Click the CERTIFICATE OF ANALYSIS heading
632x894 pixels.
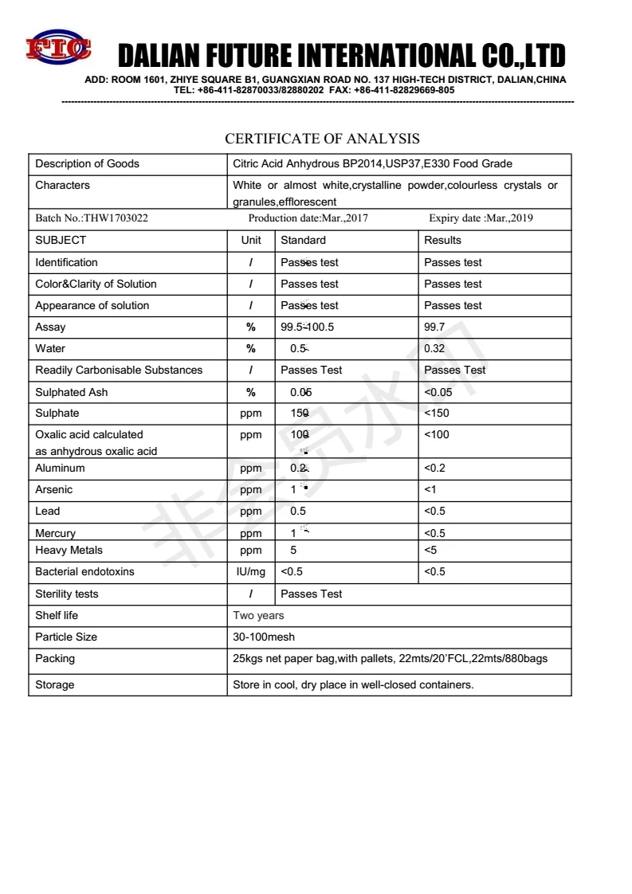coord(322,139)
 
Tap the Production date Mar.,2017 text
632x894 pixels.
coord(308,218)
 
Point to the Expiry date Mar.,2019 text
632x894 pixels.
coord(481,218)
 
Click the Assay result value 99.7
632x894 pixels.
coord(435,327)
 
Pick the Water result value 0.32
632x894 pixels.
coord(435,349)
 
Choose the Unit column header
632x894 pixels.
coord(251,240)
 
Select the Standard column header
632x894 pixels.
coord(303,240)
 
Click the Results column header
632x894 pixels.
coord(442,240)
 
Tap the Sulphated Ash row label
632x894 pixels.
coord(71,392)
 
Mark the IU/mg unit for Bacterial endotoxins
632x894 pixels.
coord(251,572)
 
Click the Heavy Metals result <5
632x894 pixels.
coord(431,551)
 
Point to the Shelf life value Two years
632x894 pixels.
coord(258,616)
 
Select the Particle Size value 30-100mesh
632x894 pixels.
coord(264,637)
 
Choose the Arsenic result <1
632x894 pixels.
coord(430,490)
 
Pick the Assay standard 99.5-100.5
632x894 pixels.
coord(307,327)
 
